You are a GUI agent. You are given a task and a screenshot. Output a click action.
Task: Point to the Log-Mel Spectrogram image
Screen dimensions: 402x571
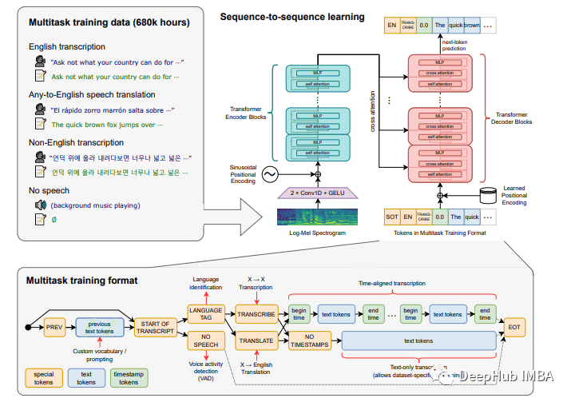[x=317, y=218]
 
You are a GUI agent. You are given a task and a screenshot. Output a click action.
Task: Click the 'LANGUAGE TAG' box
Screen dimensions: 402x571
[x=205, y=314]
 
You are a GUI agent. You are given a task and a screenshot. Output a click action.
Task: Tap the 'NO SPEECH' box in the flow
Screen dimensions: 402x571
[x=205, y=341]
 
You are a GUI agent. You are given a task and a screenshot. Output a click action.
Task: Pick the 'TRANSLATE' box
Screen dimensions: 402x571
[x=255, y=341]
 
